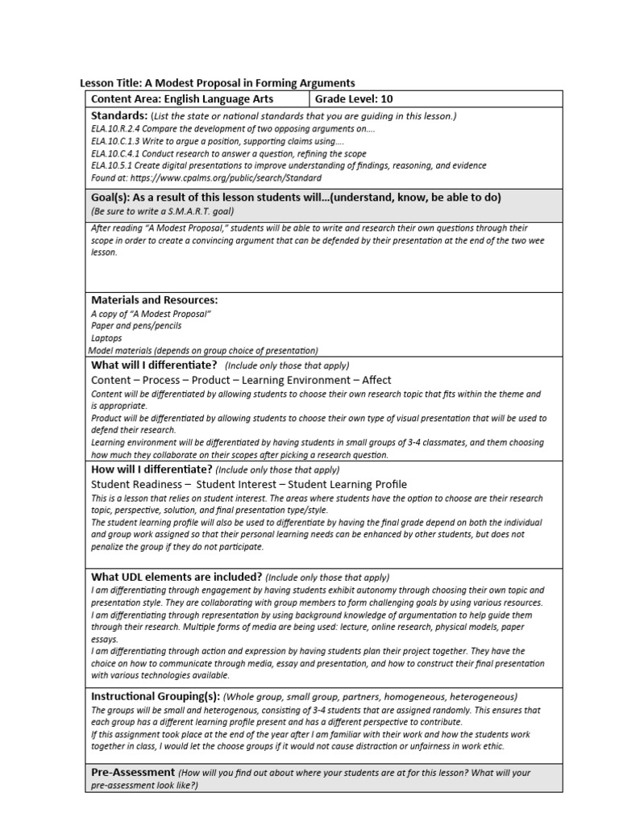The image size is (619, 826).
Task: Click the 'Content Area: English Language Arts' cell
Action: pyautogui.click(x=182, y=99)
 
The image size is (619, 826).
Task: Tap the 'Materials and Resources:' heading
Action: pyautogui.click(x=155, y=300)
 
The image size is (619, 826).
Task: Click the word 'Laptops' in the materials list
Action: pyautogui.click(x=107, y=339)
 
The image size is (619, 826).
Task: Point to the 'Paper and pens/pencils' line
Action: pyautogui.click(x=136, y=326)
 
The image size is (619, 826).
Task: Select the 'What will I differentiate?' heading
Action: pyautogui.click(x=155, y=365)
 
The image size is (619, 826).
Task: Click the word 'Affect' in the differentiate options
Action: pyautogui.click(x=376, y=380)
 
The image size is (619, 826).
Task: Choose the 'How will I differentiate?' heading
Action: pyautogui.click(x=152, y=469)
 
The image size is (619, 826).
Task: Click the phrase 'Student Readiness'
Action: pyautogui.click(x=136, y=484)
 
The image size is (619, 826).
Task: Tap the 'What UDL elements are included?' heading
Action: pyautogui.click(x=177, y=577)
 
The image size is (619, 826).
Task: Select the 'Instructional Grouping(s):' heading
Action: pyautogui.click(x=155, y=696)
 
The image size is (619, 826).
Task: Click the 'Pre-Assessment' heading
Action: pyautogui.click(x=133, y=773)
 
